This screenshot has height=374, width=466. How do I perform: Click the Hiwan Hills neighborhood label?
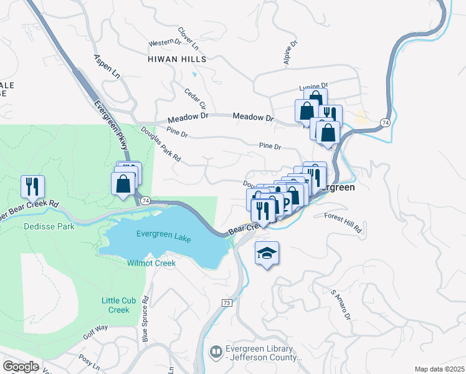(x=177, y=59)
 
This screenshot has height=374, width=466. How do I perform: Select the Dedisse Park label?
(x=50, y=226)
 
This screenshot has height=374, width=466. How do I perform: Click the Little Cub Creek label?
(x=115, y=305)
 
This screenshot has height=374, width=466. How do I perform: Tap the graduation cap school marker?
(x=267, y=254)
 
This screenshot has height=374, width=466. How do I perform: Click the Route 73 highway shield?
(x=226, y=302)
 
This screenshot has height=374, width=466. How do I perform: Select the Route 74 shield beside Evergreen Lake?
(x=145, y=200)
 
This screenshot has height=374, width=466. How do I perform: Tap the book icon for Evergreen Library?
(x=216, y=353)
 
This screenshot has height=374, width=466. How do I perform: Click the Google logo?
(x=21, y=366)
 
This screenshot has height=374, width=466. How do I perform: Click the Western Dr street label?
(x=164, y=43)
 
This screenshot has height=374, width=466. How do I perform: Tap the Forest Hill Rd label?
(x=343, y=223)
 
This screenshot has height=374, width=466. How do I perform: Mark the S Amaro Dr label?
(x=341, y=305)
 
